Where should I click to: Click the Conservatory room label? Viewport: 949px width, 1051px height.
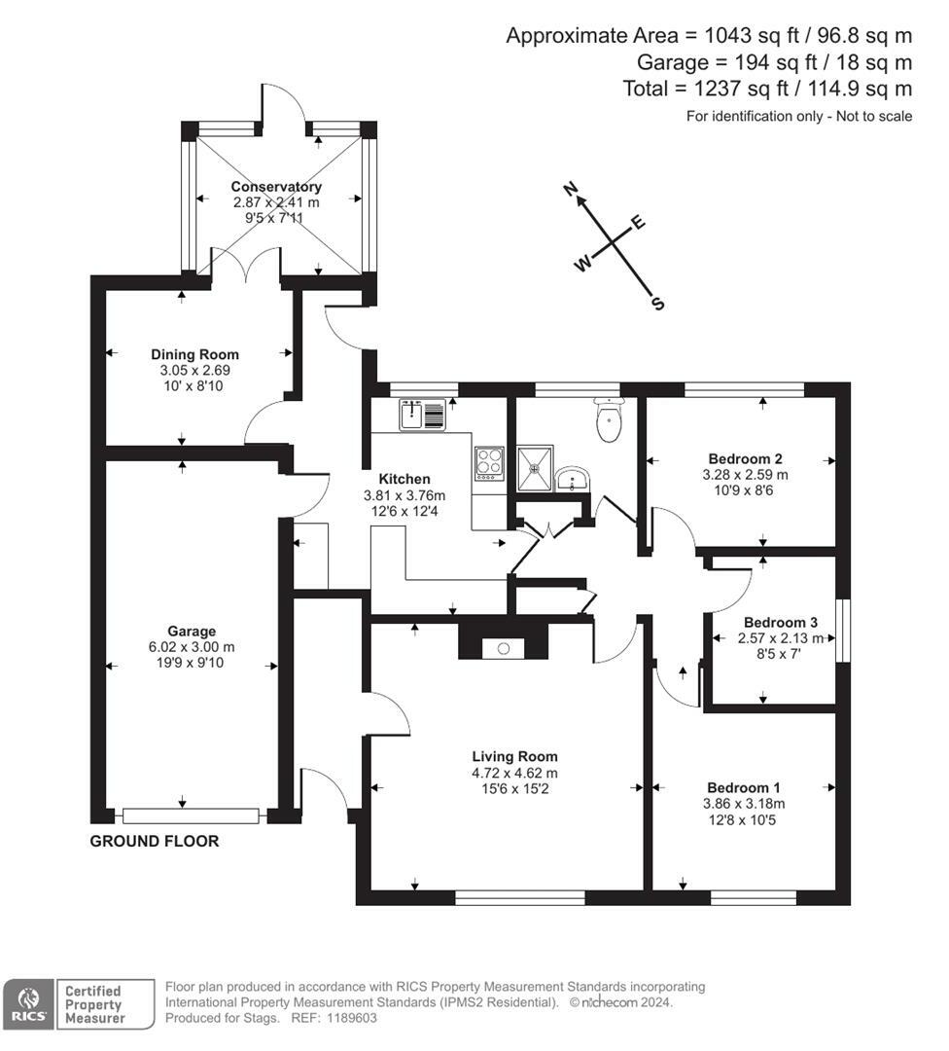click(276, 186)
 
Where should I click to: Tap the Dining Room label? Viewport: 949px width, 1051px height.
click(194, 354)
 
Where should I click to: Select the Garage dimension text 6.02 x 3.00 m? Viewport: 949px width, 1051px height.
click(192, 647)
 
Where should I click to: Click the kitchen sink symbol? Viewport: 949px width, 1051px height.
click(423, 415)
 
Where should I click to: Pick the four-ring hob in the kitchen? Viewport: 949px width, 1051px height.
click(489, 464)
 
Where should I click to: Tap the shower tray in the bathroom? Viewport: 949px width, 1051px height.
click(535, 468)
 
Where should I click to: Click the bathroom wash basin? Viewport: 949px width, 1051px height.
click(572, 479)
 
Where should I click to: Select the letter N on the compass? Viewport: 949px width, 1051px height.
click(571, 190)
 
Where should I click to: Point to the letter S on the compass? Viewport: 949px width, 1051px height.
click(658, 304)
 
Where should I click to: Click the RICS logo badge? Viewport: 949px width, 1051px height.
click(29, 1004)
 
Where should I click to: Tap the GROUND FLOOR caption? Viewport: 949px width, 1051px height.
click(154, 841)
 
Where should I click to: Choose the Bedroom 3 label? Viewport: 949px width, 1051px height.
click(780, 623)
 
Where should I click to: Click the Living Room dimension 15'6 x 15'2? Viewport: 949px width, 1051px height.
click(515, 789)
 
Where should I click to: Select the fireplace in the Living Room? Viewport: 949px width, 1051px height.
click(503, 640)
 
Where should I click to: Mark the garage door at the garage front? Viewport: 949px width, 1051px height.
click(191, 815)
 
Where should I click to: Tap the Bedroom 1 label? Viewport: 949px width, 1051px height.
click(744, 787)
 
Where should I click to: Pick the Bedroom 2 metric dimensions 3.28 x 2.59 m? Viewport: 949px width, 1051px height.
click(745, 475)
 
